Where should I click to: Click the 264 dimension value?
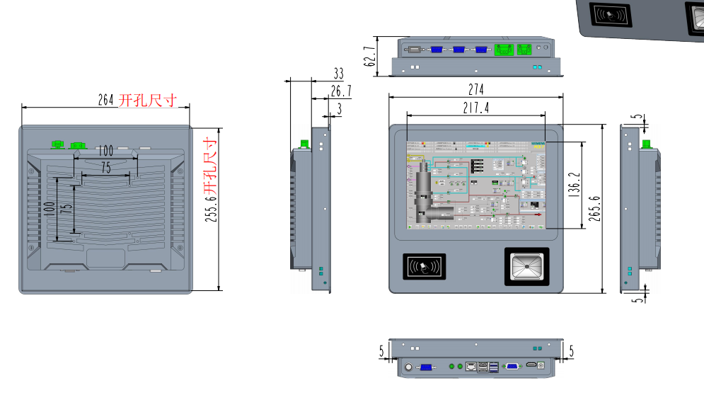(x=106, y=101)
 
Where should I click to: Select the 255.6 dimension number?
(x=211, y=210)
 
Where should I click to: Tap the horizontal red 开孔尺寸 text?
(x=148, y=100)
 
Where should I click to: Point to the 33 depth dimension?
(x=338, y=74)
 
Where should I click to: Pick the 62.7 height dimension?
(x=369, y=56)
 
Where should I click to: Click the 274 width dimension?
(x=475, y=89)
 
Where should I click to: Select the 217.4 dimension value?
(x=475, y=108)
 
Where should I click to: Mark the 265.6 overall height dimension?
(x=595, y=208)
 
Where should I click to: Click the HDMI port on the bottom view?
(x=531, y=366)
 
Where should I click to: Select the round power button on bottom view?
(x=408, y=367)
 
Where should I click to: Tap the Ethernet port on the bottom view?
(x=471, y=367)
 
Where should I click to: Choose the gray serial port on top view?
(x=412, y=50)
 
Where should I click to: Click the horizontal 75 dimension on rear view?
(x=105, y=168)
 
